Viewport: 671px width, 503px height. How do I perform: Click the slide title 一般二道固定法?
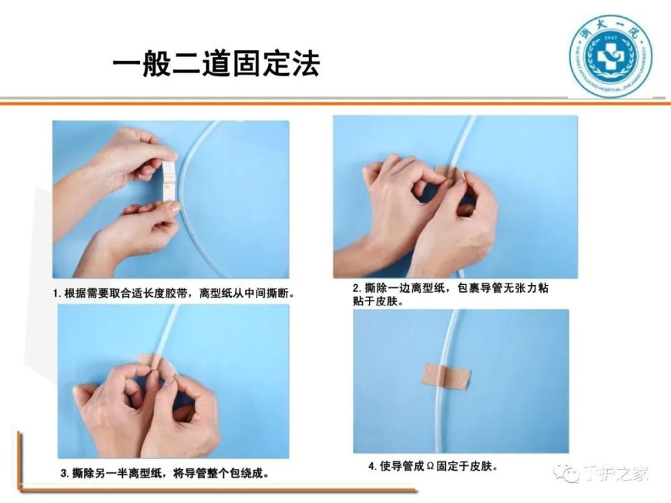pyautogui.click(x=216, y=64)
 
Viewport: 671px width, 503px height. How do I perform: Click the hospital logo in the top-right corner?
pyautogui.click(x=610, y=55)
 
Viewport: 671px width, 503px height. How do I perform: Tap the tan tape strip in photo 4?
pyautogui.click(x=445, y=375)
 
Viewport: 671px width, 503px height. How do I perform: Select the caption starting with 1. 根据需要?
pyautogui.click(x=174, y=294)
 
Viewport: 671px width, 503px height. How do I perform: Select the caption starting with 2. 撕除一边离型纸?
pyautogui.click(x=454, y=294)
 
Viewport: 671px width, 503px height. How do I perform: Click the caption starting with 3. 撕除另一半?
pyautogui.click(x=164, y=473)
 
